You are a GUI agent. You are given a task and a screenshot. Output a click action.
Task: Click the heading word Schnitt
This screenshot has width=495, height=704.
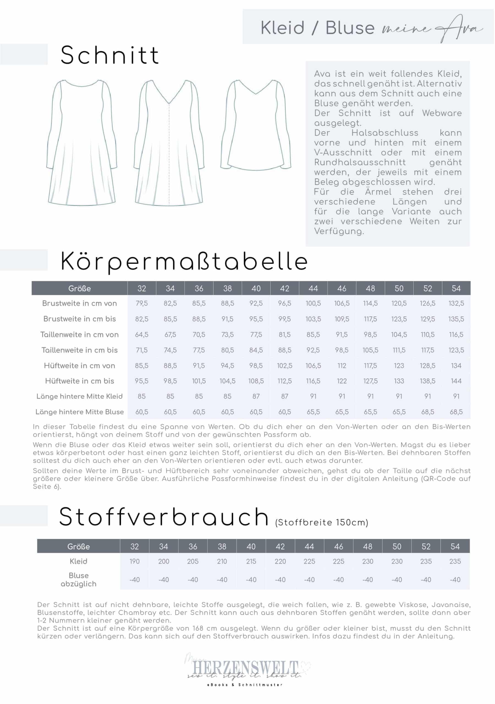point(109,55)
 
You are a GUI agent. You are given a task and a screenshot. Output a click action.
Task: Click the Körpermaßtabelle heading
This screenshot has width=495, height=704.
point(184,262)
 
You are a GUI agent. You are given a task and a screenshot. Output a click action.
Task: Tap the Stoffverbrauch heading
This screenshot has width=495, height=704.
point(164,517)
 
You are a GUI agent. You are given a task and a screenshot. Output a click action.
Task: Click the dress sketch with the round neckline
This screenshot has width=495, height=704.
point(82,142)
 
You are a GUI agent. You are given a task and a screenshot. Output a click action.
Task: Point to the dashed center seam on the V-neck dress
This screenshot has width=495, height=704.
point(169,153)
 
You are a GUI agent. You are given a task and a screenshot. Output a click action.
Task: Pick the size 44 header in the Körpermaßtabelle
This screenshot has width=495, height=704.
point(313,288)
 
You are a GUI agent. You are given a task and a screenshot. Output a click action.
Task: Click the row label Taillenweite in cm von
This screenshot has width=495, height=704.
point(79,334)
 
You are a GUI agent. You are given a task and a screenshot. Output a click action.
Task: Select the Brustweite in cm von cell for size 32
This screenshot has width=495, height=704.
point(142,304)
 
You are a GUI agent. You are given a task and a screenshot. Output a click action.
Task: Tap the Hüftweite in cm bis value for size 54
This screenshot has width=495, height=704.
point(456,381)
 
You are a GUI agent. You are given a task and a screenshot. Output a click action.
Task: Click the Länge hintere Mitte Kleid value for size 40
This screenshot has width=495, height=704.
point(256,397)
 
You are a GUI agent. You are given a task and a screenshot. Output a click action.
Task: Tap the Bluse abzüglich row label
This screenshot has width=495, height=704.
point(79,579)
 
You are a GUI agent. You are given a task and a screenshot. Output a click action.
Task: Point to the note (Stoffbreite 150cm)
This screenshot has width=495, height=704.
point(321,522)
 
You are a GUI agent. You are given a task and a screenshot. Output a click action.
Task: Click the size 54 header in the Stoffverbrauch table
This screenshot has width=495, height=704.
point(455,546)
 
